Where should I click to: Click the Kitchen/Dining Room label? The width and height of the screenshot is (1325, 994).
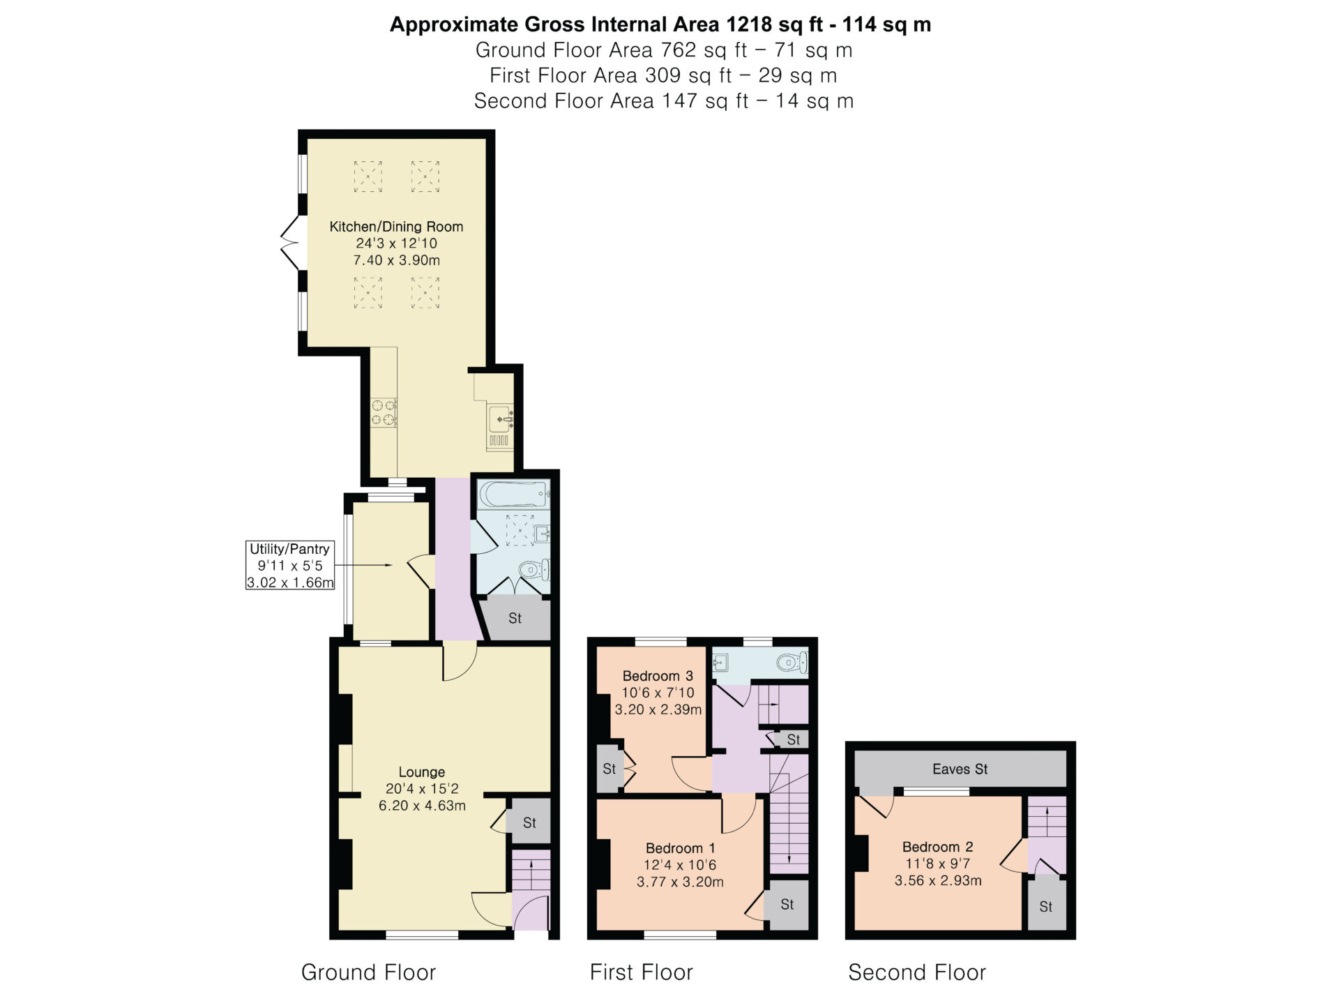[396, 227]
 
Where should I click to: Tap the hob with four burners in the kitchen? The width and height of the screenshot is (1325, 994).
[384, 412]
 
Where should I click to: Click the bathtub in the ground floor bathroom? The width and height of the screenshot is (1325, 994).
[514, 494]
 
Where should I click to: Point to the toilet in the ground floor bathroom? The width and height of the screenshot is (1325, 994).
[536, 571]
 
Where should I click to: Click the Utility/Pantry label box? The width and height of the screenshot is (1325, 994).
[290, 566]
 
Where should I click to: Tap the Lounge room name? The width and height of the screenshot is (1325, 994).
[422, 772]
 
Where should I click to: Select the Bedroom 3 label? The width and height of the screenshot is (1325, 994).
[658, 676]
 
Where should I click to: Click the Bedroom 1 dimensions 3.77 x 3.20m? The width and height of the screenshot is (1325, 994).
[680, 882]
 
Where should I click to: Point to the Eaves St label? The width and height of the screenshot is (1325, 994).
[960, 769]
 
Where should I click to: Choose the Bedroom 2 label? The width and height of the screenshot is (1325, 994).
[938, 847]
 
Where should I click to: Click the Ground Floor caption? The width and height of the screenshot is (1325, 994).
[368, 972]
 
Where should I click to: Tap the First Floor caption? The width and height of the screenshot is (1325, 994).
[642, 972]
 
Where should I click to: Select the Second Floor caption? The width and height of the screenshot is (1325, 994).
[917, 972]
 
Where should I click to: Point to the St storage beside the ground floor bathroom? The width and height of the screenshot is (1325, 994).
[515, 618]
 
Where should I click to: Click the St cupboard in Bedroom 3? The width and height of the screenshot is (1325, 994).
[609, 769]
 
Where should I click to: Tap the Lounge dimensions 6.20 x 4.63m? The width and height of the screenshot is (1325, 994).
[422, 806]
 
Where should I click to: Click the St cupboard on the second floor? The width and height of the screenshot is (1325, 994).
[1046, 907]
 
